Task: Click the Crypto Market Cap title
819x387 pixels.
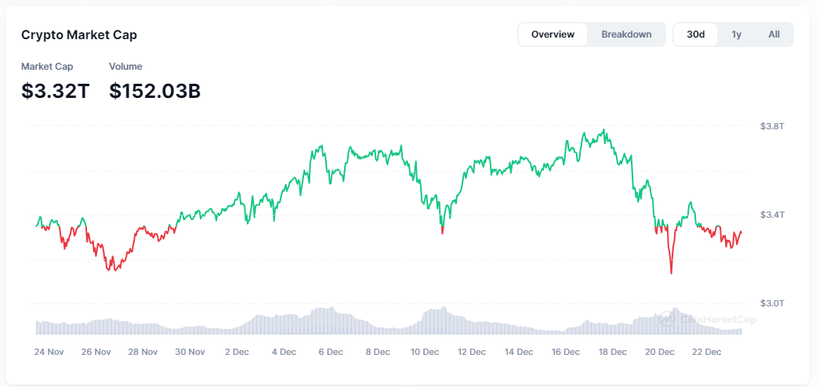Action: coord(79,34)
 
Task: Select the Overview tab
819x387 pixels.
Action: coord(553,34)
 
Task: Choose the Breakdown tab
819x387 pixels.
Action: coord(626,34)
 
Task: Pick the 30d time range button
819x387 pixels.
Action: coord(695,34)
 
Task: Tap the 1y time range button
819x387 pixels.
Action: coord(736,34)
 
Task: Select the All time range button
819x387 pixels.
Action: coord(774,34)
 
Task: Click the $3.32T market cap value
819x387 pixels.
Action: coord(56,91)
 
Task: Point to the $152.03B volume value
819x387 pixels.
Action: coord(154,91)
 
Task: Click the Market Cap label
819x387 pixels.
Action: coord(47,67)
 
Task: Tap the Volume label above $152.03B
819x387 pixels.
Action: coord(125,67)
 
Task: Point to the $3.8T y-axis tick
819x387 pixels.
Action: coord(772,126)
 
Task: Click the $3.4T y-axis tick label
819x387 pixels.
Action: coord(772,215)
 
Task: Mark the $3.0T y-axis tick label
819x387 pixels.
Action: coord(772,303)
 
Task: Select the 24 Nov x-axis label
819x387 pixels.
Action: coord(49,353)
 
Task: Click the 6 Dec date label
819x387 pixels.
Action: coord(331,353)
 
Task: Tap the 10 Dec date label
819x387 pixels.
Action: coord(425,353)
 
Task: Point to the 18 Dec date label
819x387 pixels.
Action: coord(613,353)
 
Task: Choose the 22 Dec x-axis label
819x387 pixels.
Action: coord(707,353)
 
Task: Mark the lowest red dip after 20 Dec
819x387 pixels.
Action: coord(672,273)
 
